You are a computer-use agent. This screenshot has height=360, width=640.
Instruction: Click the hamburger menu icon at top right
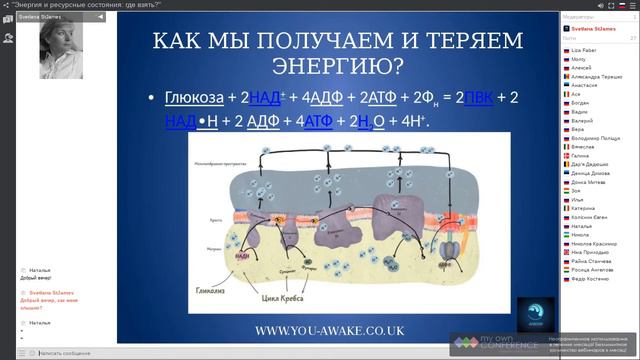pyautogui.click(x=631, y=5)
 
